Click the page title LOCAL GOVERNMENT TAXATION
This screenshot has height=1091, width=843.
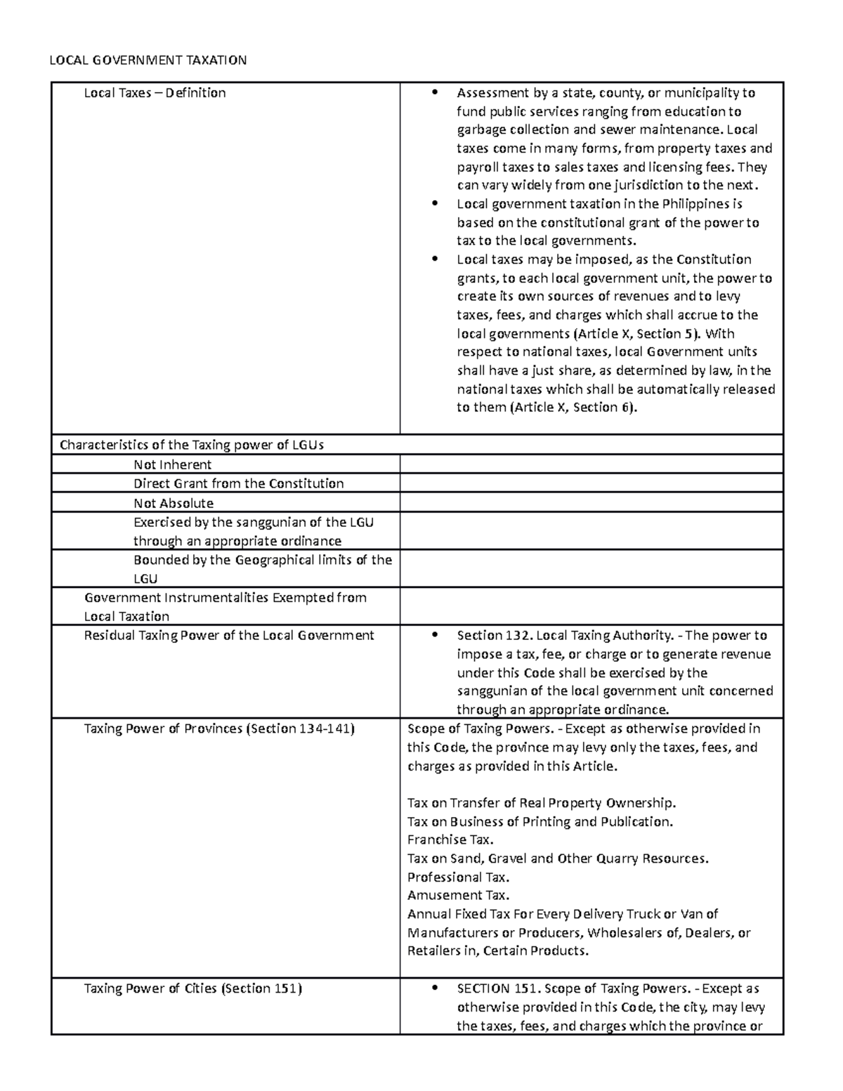point(148,60)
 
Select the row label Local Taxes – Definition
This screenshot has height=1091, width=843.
point(155,93)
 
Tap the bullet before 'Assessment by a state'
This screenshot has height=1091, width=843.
point(436,93)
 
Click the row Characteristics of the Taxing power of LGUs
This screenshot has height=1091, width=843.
point(192,445)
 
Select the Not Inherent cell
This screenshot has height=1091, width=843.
point(172,464)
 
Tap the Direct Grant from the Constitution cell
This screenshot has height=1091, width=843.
point(238,483)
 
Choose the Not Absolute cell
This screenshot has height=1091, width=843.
point(173,503)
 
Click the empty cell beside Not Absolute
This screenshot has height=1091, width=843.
point(591,502)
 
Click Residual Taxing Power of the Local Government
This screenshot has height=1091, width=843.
point(229,635)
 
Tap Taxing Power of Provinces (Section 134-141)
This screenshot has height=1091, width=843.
point(219,729)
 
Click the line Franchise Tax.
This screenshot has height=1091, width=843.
point(450,840)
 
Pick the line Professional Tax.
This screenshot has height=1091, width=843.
point(458,877)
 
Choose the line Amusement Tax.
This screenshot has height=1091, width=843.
point(458,895)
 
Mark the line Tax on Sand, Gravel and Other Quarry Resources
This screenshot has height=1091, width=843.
point(558,858)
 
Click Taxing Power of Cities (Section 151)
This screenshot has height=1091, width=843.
point(192,988)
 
